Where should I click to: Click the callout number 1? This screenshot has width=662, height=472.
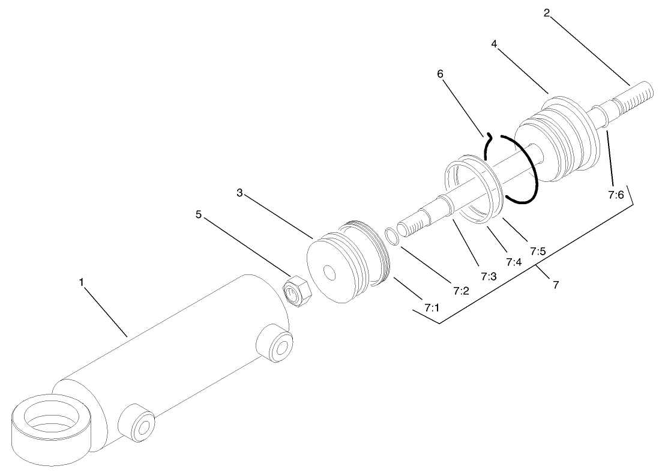pos(82,282)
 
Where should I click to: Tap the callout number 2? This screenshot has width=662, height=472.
pos(547,12)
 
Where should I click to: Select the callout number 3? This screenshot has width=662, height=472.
pos(239,193)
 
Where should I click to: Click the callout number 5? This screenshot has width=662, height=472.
pos(198,214)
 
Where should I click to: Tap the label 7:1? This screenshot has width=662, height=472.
pos(432,308)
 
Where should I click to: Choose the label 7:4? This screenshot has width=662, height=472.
pos(514,262)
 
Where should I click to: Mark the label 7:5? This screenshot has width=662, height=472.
pos(538,251)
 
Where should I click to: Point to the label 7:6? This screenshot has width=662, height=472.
pos(616,195)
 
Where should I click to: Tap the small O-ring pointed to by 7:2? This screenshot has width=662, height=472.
pos(391,236)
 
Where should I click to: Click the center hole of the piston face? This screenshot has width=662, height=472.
pos(329,273)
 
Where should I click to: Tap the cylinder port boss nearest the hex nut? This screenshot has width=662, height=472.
pos(276,345)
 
